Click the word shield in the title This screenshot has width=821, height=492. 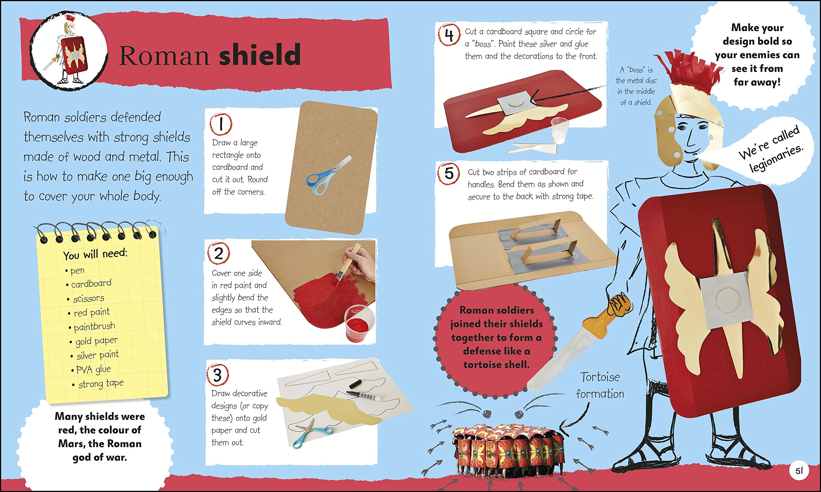259,55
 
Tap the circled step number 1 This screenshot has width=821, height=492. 221,124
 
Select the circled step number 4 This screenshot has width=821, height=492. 449,35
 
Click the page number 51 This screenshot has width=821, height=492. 799,471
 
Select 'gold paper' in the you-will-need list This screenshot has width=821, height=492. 96,340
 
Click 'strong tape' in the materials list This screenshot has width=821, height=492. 101,383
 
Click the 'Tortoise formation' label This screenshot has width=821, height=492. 600,385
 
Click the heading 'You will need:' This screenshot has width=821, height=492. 95,254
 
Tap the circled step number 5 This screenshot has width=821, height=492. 449,174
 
